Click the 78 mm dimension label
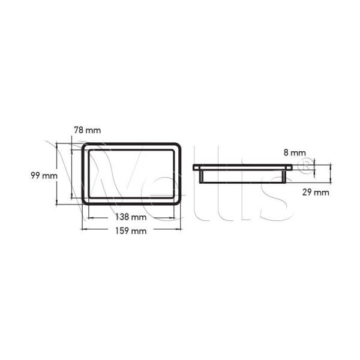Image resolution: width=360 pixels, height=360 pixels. point(87,130)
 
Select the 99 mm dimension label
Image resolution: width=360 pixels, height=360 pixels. point(44,176)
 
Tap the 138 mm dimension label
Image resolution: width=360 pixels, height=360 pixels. point(131,217)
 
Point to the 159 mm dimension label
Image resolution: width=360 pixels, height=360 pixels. point(131,231)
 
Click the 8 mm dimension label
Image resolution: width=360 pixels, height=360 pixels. point(295,152)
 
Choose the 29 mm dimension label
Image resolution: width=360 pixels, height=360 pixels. point(316,192)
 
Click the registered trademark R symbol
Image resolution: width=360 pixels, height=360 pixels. point(306,166)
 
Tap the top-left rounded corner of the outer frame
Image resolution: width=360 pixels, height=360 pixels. point(84,145)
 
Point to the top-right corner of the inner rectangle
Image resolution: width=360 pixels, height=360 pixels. point(173,150)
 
